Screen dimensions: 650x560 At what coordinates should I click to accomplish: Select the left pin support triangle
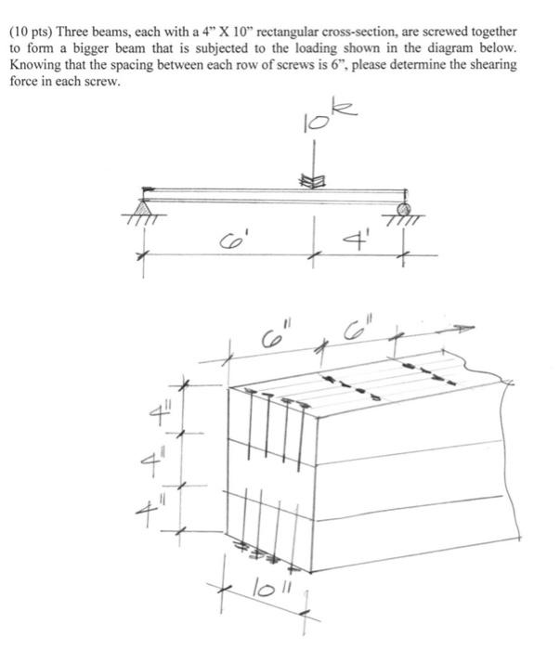click(146, 198)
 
